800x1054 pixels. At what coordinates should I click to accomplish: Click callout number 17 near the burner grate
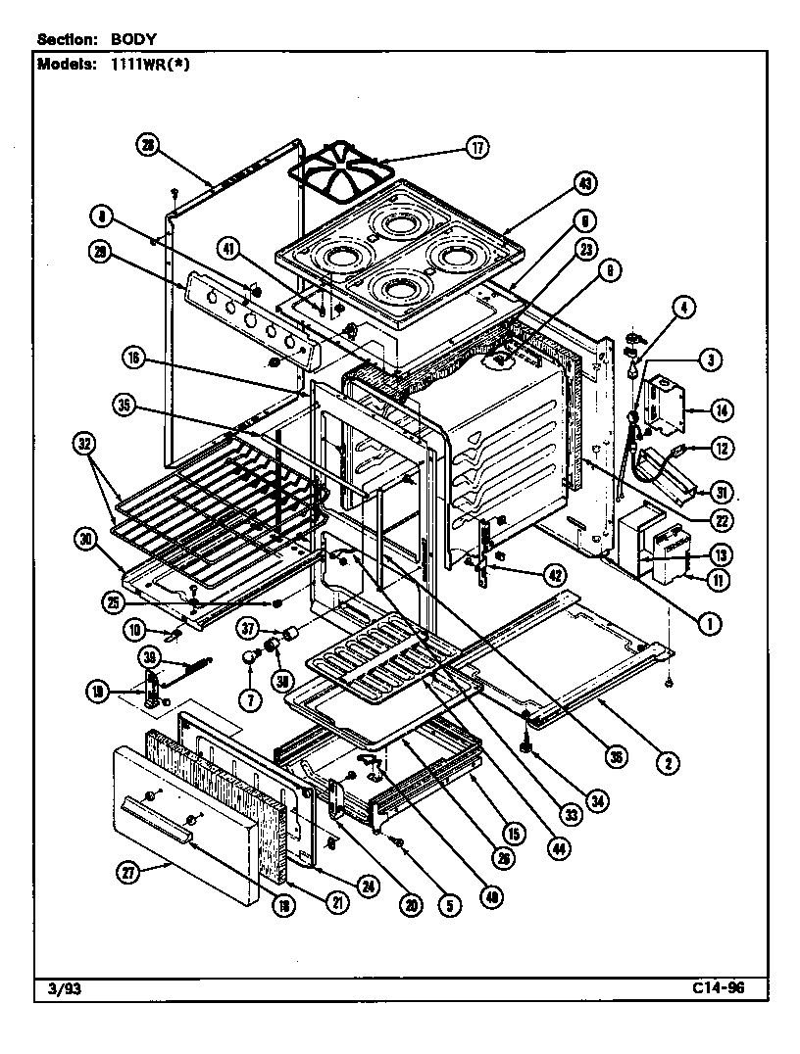[476, 148]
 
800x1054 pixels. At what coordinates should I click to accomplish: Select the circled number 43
[586, 183]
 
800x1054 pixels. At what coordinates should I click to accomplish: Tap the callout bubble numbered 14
[725, 408]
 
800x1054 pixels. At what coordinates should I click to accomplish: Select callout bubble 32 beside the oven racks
[86, 444]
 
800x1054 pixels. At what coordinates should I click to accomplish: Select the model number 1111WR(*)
[137, 65]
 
